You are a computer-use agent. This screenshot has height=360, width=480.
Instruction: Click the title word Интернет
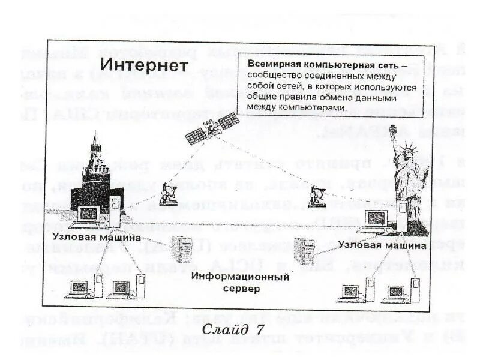(x=144, y=64)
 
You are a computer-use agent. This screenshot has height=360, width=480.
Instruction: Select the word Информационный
(x=241, y=277)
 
